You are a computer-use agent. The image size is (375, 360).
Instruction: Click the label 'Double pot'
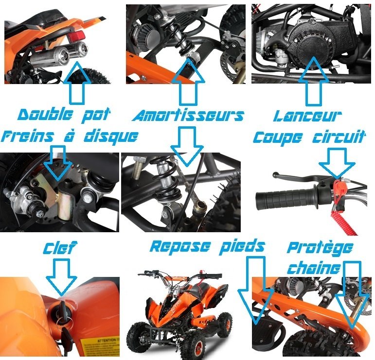click(64, 115)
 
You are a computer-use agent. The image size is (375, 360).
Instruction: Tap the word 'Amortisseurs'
click(188, 116)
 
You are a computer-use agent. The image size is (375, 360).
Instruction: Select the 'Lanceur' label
click(307, 116)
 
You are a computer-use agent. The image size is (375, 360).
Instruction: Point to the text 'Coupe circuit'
click(309, 137)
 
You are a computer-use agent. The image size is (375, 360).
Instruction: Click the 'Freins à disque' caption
click(70, 137)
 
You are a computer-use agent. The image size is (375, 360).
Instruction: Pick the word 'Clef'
click(60, 248)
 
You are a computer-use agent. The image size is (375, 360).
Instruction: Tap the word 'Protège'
click(320, 248)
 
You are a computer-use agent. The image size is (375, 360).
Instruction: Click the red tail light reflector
click(77, 36)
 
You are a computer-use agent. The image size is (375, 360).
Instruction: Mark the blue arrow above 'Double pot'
click(77, 83)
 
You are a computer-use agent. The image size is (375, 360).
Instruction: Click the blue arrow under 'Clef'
click(61, 276)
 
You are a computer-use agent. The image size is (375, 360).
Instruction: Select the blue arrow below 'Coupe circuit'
click(337, 163)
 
